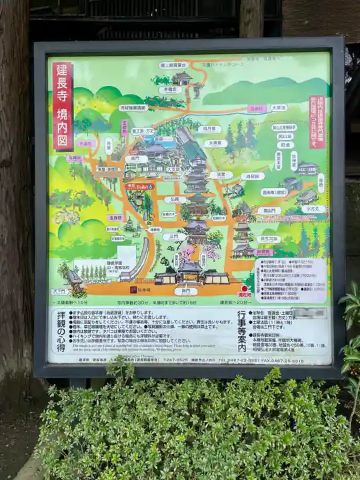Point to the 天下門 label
point(59,291)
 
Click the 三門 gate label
point(174,237)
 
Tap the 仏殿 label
point(175,199)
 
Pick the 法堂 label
point(221,175)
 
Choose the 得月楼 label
point(208,129)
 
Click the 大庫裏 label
point(215,143)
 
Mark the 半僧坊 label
point(170,89)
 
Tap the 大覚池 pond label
point(279,107)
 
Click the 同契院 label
point(251,177)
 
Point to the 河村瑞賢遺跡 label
point(133,107)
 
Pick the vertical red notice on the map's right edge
point(317,122)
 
